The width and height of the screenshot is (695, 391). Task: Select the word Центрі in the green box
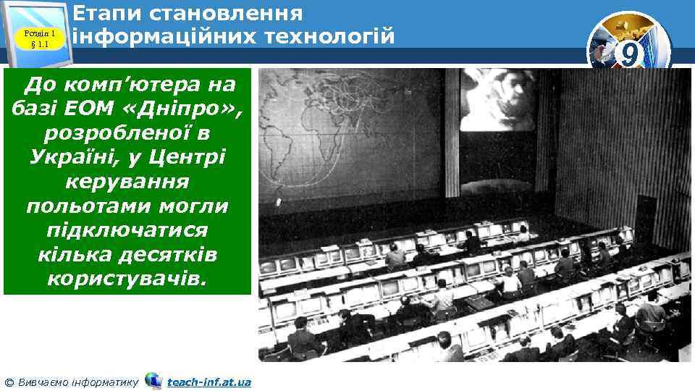pos(188,157)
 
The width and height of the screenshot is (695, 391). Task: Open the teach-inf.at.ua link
pos(209,382)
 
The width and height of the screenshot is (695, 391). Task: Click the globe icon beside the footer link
pos(153,380)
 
